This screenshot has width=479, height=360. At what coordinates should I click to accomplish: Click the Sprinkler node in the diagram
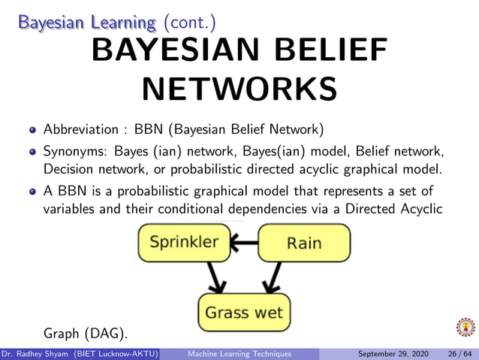click(x=183, y=242)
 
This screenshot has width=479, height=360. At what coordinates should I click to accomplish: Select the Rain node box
click(x=304, y=243)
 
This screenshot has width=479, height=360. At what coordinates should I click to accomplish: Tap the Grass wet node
click(x=244, y=311)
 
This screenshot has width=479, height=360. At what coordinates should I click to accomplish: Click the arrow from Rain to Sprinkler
click(x=243, y=242)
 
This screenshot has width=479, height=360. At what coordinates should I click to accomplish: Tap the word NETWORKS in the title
click(x=239, y=89)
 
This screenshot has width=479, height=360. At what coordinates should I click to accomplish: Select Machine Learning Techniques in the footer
click(x=240, y=353)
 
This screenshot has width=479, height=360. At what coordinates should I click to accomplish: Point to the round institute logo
click(x=465, y=328)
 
